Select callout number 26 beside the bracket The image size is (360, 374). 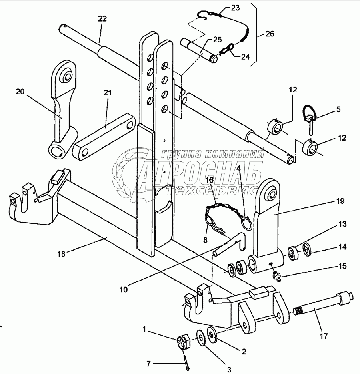tap(270, 34)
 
